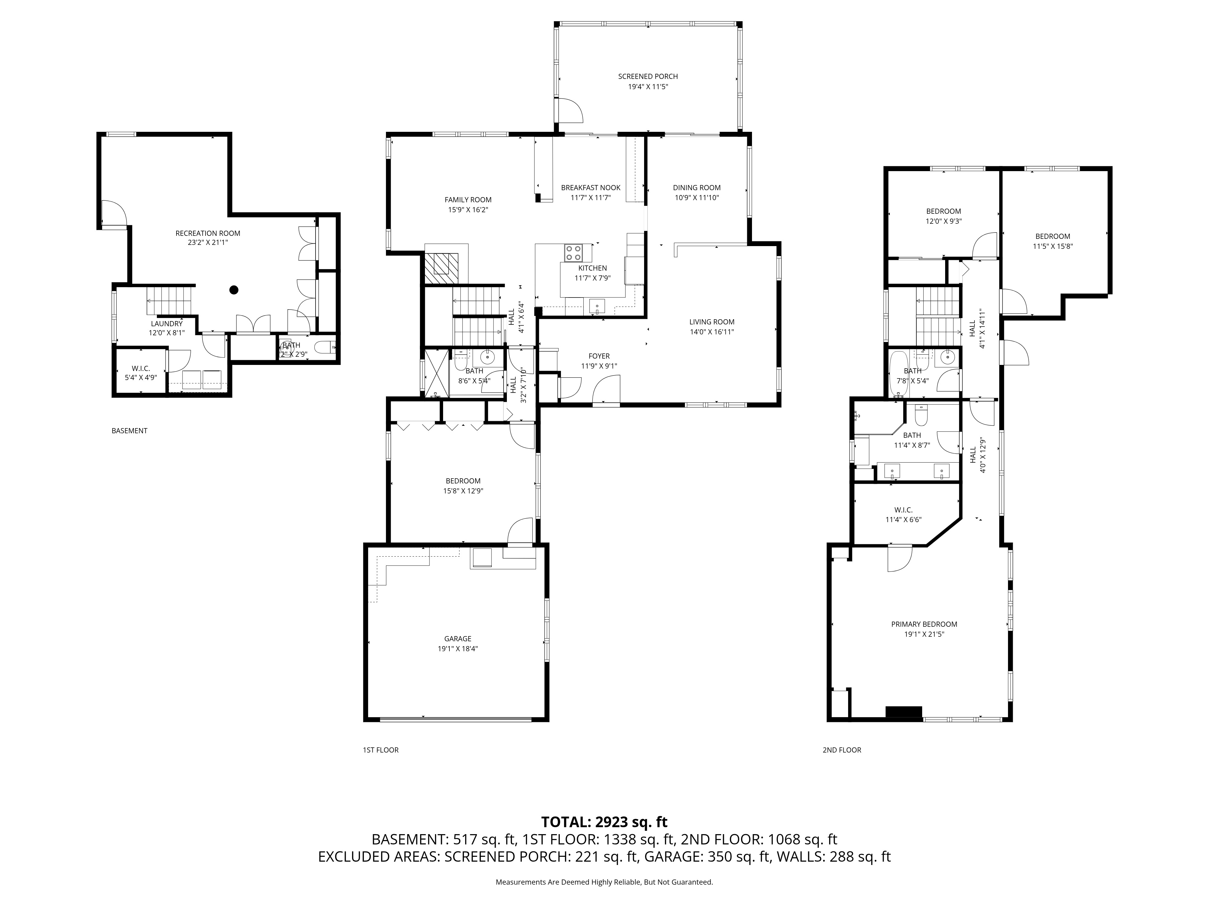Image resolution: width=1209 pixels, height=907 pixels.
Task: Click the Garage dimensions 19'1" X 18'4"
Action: pos(458,649)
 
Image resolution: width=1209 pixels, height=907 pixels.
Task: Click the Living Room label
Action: pos(711,322)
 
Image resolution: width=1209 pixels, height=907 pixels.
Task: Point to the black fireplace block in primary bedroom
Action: pos(903,712)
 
